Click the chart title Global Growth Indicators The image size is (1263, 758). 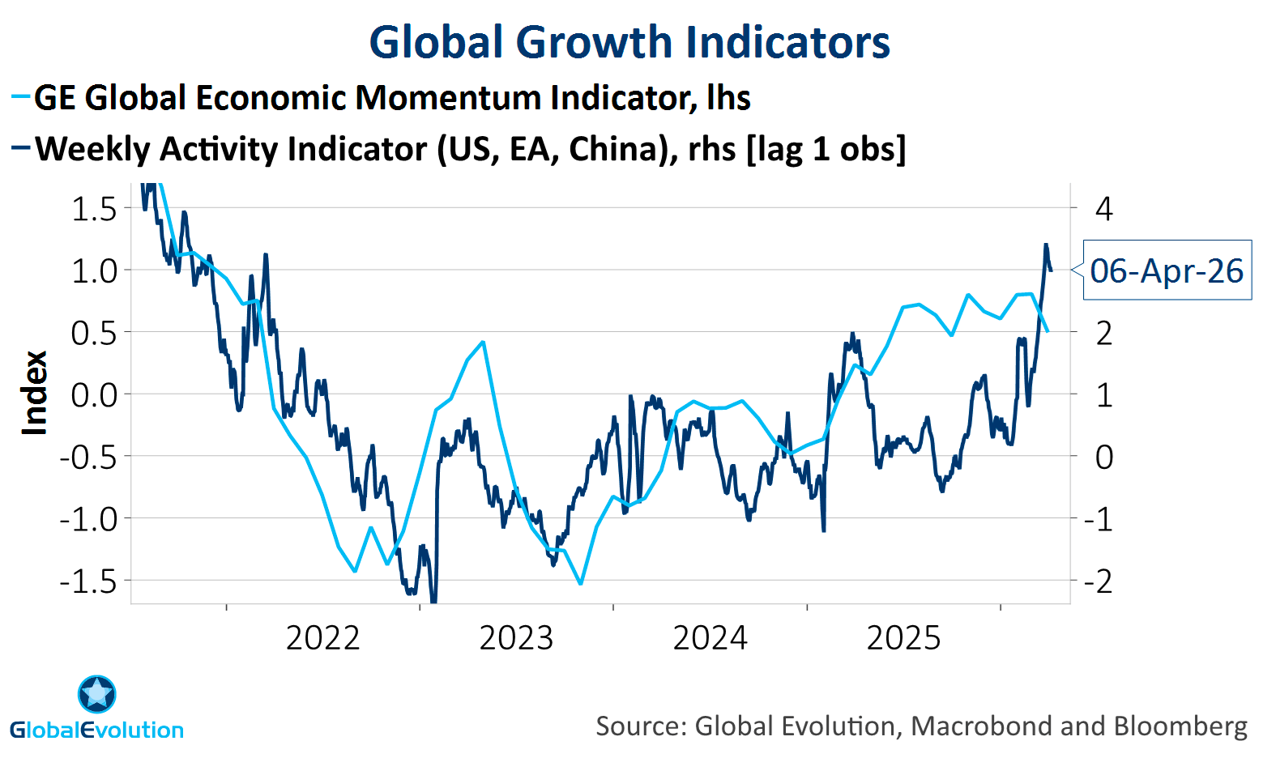tap(629, 42)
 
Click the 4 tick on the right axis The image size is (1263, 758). tap(1103, 209)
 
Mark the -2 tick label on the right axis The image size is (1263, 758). tap(1099, 581)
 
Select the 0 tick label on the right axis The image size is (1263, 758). tap(1103, 457)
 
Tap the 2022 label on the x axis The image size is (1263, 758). tap(322, 638)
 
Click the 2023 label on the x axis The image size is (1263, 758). tap(516, 638)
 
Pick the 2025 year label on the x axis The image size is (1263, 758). tap(903, 638)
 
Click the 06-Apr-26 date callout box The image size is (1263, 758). tap(1167, 270)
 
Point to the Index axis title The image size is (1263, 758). tap(34, 394)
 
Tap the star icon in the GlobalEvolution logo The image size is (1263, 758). tap(97, 694)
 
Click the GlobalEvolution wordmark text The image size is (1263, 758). tap(97, 730)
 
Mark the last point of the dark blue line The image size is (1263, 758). tap(1051, 270)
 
